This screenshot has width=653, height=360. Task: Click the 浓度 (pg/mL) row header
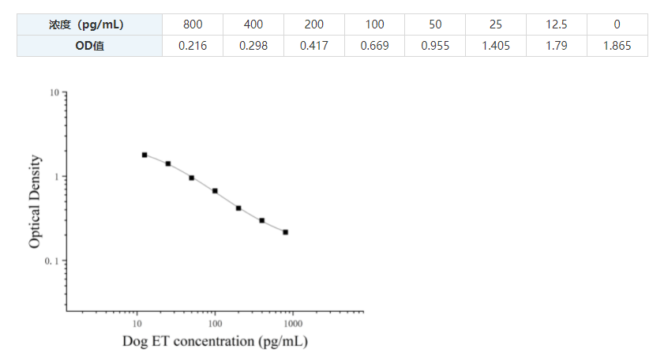(89, 24)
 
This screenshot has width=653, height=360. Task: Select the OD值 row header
(89, 46)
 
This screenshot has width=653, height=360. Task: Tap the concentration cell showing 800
(193, 24)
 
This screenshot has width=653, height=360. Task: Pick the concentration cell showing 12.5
(556, 24)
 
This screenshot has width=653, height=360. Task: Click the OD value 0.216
(193, 46)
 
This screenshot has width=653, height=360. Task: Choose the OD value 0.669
(374, 46)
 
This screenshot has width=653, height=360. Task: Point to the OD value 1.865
(617, 46)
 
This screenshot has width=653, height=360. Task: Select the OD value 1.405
(496, 46)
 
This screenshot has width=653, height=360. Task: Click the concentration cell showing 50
(435, 24)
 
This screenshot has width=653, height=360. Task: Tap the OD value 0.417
(314, 46)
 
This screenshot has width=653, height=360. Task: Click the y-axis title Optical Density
(35, 202)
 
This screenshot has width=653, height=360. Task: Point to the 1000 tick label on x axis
(293, 324)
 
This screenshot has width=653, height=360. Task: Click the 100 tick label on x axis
(215, 324)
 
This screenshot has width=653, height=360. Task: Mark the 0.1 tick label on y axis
(52, 261)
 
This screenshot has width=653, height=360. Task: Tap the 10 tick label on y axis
(54, 92)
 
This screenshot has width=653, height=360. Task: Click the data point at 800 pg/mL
(285, 232)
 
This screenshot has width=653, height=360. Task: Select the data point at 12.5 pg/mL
(144, 155)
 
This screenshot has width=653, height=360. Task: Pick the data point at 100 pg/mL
(215, 191)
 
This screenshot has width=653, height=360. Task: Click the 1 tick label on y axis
(56, 177)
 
